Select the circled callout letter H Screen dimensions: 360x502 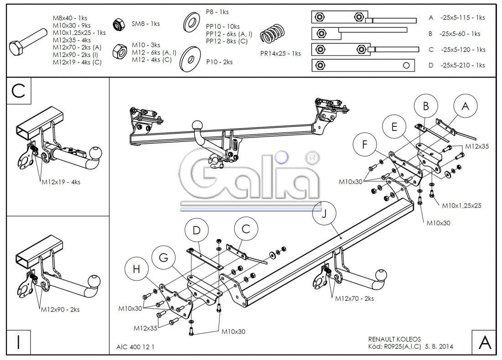[136, 270]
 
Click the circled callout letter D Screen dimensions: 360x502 [196, 230]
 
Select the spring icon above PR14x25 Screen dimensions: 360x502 [272, 35]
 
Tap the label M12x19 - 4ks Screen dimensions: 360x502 [61, 182]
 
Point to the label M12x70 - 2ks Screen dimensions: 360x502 [355, 298]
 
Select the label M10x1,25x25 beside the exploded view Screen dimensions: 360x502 [461, 206]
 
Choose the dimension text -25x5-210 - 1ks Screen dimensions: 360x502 [462, 65]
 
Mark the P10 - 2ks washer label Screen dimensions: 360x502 [219, 62]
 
